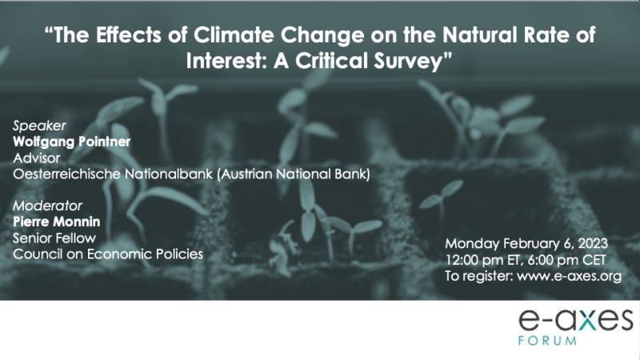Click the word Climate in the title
point(233,34)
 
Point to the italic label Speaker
point(39,126)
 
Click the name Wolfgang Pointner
point(71,142)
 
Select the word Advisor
point(36,158)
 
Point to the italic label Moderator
point(47,206)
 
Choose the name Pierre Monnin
point(56,222)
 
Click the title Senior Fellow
point(54,238)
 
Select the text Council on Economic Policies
point(108,254)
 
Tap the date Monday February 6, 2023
point(526,244)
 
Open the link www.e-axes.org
point(569,276)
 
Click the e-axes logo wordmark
point(576,320)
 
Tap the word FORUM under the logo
point(547,341)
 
